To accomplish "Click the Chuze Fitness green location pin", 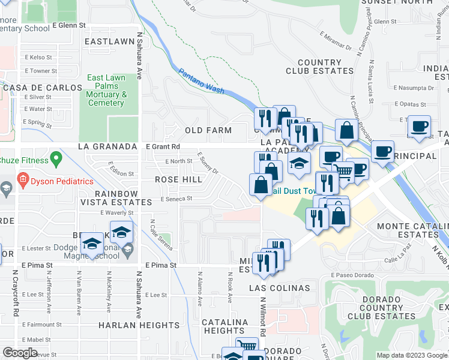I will pos(56,160).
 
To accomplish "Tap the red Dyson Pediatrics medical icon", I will pos(23,179).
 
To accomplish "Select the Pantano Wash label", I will pos(201,82).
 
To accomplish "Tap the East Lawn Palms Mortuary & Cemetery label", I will pos(106,90).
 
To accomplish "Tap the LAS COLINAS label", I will pos(280,288).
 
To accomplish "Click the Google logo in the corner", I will pos(20,352).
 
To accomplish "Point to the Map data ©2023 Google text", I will pos(412,355).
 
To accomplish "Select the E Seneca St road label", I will pos(176,199).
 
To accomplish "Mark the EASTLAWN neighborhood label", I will pos(109,41).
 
